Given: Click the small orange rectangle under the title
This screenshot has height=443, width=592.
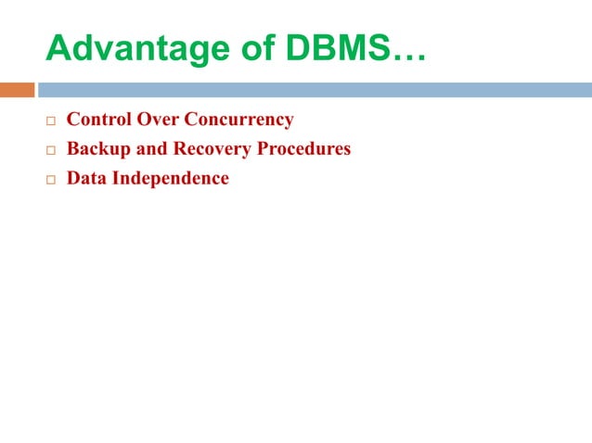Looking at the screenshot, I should click(17, 90).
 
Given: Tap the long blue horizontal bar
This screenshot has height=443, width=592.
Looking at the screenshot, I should click(315, 90).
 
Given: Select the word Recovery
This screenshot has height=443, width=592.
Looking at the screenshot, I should click(212, 149).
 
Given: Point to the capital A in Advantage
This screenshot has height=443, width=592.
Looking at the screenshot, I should click(58, 49).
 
